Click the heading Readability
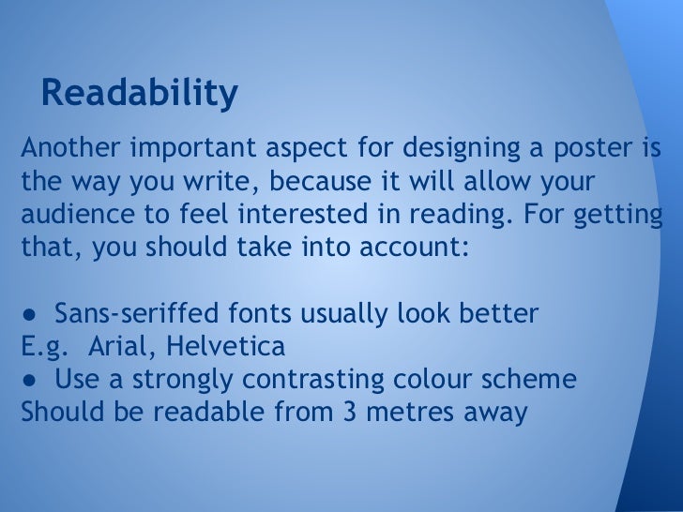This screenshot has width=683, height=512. pyautogui.click(x=139, y=94)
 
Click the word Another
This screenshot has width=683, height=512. pyautogui.click(x=70, y=149)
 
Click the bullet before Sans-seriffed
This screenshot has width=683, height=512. pyautogui.click(x=31, y=313)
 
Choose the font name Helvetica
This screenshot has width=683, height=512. pyautogui.click(x=225, y=346)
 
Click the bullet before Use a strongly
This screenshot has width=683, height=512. pyautogui.click(x=31, y=380)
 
